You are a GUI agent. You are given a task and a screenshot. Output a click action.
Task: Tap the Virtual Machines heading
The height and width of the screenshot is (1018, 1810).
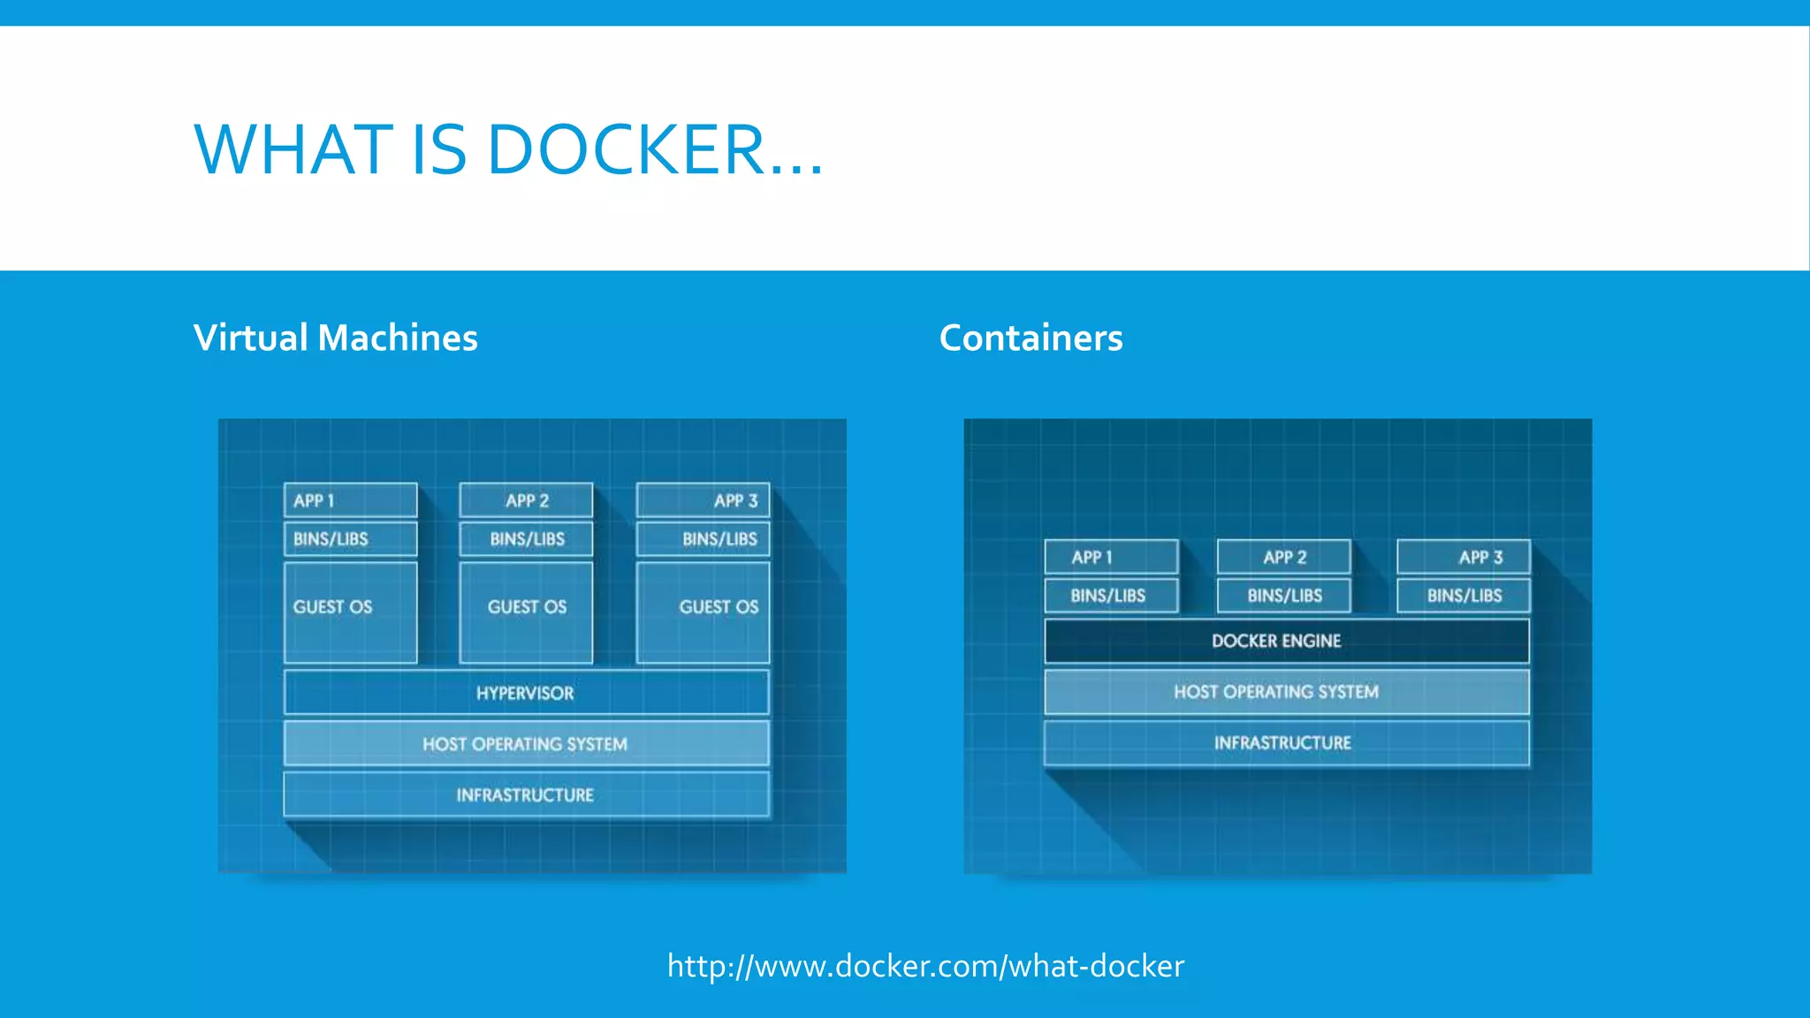click(335, 338)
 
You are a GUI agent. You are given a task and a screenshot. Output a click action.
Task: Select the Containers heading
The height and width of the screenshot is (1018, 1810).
click(1030, 338)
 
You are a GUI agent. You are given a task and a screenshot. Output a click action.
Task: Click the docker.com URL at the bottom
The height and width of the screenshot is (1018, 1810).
click(924, 966)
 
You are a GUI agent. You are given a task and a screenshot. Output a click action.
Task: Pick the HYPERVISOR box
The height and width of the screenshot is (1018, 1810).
click(526, 693)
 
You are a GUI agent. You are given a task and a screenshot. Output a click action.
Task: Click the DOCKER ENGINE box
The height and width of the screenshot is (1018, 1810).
click(1286, 641)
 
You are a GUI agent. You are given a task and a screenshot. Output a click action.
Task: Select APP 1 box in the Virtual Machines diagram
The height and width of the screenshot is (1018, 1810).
click(350, 500)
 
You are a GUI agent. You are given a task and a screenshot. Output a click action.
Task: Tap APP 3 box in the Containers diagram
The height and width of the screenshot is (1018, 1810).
click(1463, 557)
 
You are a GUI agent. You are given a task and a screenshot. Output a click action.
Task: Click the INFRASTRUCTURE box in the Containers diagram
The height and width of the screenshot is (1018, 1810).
click(1286, 743)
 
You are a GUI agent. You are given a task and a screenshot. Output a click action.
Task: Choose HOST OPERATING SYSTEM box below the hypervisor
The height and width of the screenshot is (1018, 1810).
click(526, 744)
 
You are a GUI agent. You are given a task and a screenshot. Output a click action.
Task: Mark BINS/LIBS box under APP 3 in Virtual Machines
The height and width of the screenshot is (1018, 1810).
click(703, 539)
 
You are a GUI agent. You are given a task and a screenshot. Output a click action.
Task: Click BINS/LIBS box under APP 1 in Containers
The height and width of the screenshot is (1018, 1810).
click(1111, 596)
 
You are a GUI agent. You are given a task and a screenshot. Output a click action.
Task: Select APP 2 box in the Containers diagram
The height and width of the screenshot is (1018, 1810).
click(1283, 557)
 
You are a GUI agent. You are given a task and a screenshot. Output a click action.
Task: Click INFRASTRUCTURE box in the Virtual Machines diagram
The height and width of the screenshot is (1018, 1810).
click(526, 794)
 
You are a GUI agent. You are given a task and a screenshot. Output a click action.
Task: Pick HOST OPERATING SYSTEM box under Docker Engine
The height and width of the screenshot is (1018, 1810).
click(1286, 692)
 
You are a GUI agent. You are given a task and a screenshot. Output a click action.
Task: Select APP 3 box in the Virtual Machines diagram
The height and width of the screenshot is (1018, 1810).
click(703, 500)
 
